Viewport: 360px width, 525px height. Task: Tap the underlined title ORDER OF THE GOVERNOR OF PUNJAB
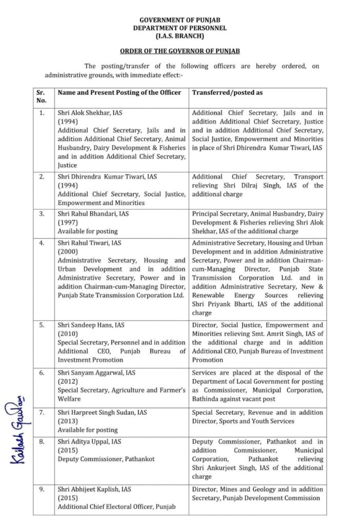pyautogui.click(x=179, y=52)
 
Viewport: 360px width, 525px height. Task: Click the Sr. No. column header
pyautogui.click(x=41, y=96)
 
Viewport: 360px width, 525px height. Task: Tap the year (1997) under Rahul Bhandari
pyautogui.click(x=67, y=223)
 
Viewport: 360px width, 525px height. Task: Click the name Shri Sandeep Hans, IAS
pyautogui.click(x=91, y=325)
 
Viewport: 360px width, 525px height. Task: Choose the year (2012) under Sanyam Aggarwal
pyautogui.click(x=67, y=381)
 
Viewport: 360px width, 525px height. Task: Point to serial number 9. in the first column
pyautogui.click(x=41, y=489)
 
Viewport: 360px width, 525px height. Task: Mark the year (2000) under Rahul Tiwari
pyautogui.click(x=67, y=252)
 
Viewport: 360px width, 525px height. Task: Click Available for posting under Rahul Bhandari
pyautogui.click(x=88, y=231)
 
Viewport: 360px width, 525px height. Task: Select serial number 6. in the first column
pyautogui.click(x=41, y=373)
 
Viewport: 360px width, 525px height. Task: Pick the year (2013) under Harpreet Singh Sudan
pyautogui.click(x=67, y=421)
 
